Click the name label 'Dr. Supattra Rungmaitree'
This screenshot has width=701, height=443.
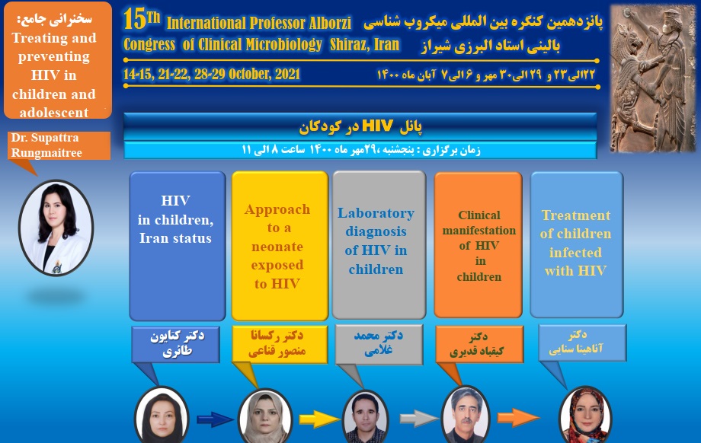(54, 145)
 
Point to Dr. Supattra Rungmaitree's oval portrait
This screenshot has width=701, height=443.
(56, 227)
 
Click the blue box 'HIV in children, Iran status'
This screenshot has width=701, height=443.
(177, 245)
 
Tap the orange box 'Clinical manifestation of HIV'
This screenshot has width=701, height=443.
(478, 245)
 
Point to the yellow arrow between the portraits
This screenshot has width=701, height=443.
(315, 418)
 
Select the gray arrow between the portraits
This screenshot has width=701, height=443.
(417, 418)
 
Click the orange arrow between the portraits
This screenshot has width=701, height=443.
(518, 418)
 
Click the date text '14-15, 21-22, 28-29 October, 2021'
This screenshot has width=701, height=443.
(212, 75)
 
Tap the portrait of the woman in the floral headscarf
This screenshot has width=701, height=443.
(585, 416)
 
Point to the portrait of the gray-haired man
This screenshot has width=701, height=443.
(465, 417)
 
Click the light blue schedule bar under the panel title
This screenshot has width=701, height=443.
(360, 150)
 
